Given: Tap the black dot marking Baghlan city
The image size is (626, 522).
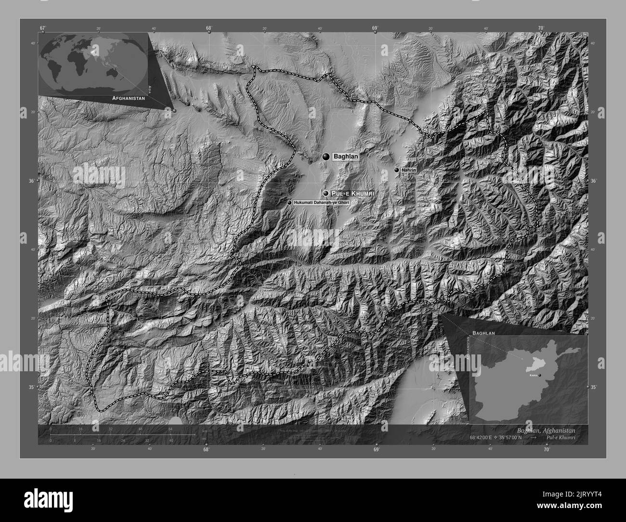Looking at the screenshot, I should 326,157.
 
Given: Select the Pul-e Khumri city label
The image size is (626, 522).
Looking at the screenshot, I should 352,193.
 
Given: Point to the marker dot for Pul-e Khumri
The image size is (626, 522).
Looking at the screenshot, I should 326,193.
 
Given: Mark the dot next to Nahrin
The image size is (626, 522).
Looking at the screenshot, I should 396,170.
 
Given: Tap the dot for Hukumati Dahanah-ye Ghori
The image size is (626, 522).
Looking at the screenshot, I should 289,203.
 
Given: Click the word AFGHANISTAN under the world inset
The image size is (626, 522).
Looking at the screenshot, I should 128,98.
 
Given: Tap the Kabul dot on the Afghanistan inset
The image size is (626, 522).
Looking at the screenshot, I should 540,375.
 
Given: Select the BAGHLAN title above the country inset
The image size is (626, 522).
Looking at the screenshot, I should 484,333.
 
